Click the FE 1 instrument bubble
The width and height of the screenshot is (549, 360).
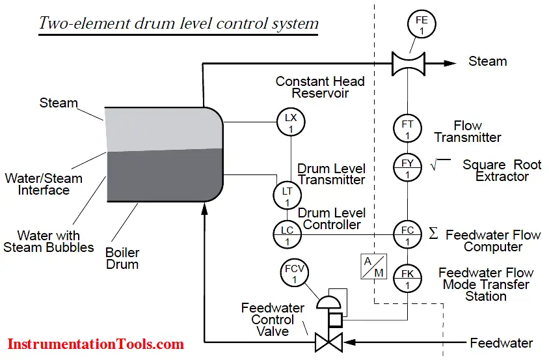[x=422, y=24]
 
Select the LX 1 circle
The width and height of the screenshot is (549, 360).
[x=291, y=122]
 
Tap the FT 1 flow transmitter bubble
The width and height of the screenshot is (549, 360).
[x=407, y=128]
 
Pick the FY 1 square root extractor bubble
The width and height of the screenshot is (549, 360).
[x=407, y=167]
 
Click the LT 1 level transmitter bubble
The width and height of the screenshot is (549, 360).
[x=287, y=195]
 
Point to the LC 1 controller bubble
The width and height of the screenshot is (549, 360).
[x=287, y=234]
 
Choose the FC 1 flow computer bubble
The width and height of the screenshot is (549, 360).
[x=407, y=234]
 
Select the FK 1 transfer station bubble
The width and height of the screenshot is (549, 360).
[x=407, y=279]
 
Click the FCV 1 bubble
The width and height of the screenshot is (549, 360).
[x=295, y=272]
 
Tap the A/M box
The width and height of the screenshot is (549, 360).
[x=373, y=266]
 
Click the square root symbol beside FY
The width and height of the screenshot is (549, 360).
[x=440, y=165]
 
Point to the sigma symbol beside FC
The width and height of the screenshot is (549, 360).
[x=433, y=233]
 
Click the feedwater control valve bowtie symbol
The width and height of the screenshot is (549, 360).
[x=328, y=342]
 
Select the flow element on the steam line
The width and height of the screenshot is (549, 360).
[x=408, y=64]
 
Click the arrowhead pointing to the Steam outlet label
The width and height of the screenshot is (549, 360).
[x=449, y=63]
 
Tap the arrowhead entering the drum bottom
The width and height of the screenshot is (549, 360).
[x=204, y=208]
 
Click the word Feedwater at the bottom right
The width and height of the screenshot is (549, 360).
[x=502, y=343]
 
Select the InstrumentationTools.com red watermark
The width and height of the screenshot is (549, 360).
[x=96, y=344]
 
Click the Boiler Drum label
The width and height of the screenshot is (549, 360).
[x=122, y=258]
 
